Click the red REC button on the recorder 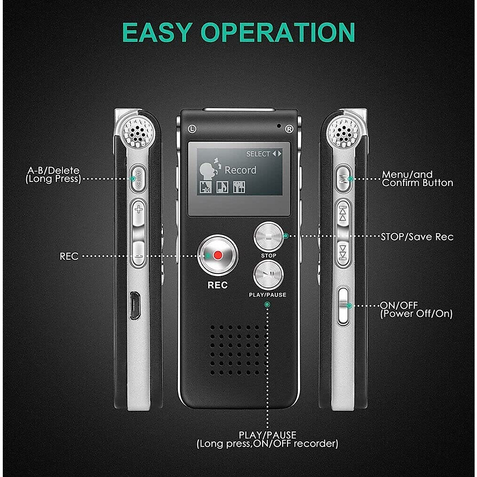[x=217, y=255]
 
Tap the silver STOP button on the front [x=268, y=237]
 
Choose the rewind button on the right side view [x=342, y=213]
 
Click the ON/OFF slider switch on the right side [x=343, y=305]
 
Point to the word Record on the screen [x=240, y=170]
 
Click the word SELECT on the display [x=258, y=154]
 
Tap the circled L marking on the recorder [x=192, y=128]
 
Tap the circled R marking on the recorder [x=289, y=129]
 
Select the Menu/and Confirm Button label [x=417, y=179]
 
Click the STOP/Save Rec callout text [x=417, y=237]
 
